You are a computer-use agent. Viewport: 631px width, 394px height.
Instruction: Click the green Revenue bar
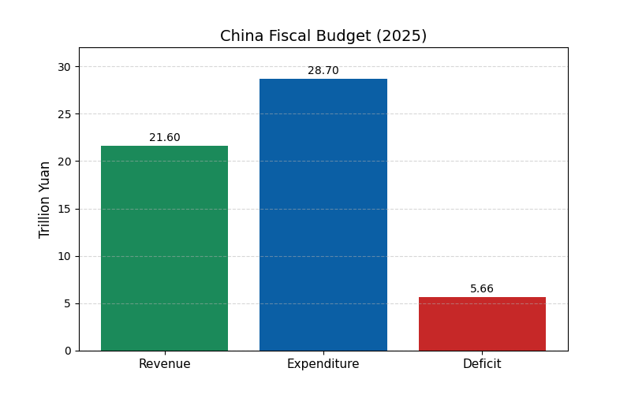(x=164, y=248)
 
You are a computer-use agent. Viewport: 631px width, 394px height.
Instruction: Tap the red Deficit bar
(x=482, y=324)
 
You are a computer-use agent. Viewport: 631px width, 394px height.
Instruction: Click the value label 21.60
(x=164, y=138)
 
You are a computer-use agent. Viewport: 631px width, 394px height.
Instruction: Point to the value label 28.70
(x=323, y=71)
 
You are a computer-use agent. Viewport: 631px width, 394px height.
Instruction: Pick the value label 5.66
(x=482, y=289)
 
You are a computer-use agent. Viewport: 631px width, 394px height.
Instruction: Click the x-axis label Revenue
(x=164, y=364)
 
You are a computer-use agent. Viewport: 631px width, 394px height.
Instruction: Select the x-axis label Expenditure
(x=323, y=364)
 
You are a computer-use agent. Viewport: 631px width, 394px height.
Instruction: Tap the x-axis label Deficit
(x=482, y=364)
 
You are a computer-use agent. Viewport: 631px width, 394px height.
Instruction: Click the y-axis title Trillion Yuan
(x=45, y=199)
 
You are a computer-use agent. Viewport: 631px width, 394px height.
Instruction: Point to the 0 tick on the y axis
(x=67, y=351)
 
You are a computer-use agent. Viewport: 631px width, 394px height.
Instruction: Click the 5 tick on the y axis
(x=67, y=303)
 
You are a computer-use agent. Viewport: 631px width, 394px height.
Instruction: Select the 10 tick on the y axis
(x=64, y=256)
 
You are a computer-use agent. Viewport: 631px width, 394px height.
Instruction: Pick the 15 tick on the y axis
(x=64, y=209)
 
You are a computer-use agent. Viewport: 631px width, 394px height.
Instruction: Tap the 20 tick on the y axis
(x=64, y=162)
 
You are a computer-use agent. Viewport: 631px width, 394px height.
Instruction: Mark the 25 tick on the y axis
(x=64, y=114)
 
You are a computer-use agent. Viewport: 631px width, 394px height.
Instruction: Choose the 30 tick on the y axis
(x=64, y=67)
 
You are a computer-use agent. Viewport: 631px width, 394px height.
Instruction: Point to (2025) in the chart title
(x=401, y=36)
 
